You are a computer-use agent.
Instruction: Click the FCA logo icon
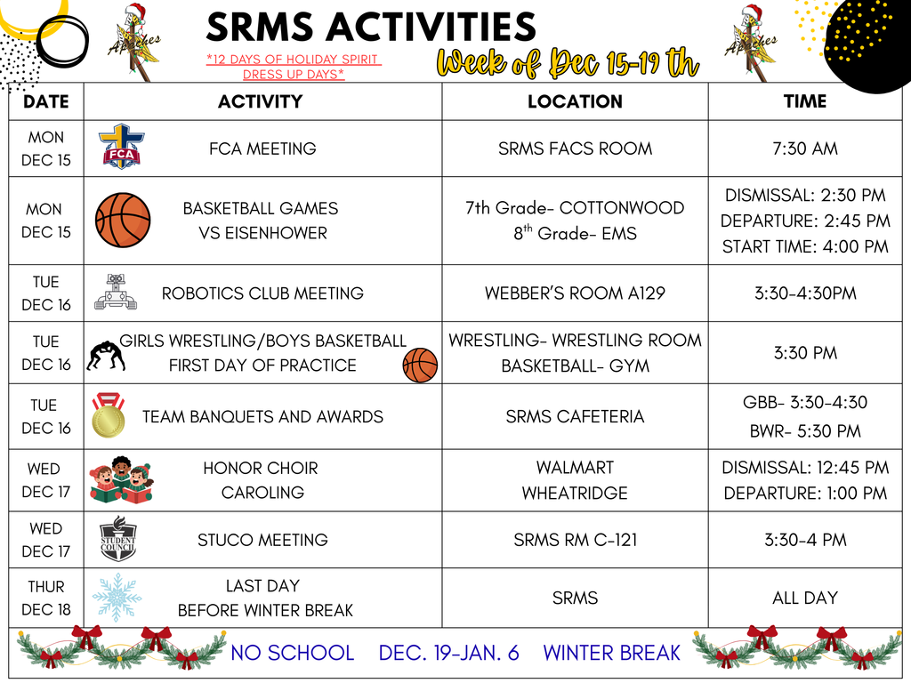coord(121,148)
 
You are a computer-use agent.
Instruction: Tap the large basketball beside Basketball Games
coord(123,221)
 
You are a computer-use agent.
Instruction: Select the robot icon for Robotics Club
coord(116,292)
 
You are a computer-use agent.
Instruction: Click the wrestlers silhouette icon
coord(106,355)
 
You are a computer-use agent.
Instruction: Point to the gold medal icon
coord(108,416)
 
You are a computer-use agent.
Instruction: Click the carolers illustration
coord(121,480)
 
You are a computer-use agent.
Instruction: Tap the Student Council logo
coord(117,539)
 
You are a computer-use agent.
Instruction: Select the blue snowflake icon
coord(117,597)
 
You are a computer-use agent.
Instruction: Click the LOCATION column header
coord(575,101)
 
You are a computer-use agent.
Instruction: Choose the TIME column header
coord(805,101)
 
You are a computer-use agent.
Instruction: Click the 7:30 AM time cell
coord(805,149)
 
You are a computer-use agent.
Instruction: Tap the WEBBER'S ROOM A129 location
coord(575,293)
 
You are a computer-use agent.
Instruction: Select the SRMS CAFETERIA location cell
coord(575,416)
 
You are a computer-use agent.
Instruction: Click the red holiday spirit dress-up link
coord(294,67)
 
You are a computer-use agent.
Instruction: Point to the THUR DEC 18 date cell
coord(46,598)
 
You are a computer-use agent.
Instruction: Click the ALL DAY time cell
coord(805,598)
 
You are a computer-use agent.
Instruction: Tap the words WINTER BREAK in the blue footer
coord(611,653)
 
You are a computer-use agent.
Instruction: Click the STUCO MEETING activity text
coord(262,540)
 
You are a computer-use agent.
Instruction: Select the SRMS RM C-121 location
coord(575,540)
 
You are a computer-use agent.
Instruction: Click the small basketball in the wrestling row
coord(420,365)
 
